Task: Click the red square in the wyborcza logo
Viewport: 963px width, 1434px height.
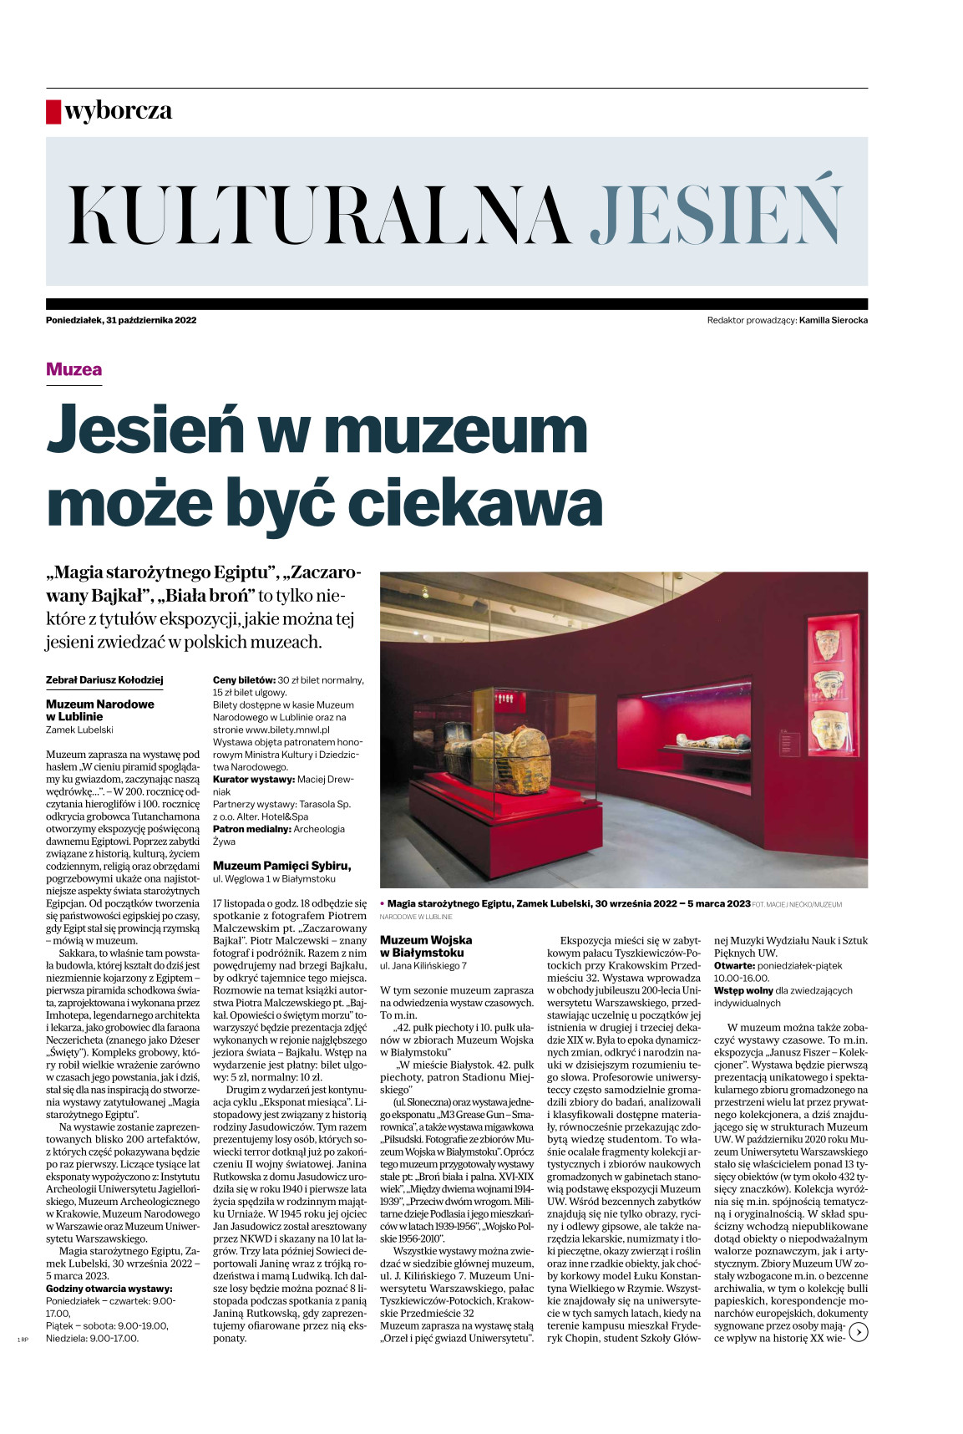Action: [x=53, y=112]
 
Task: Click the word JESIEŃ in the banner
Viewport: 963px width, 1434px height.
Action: [x=716, y=213]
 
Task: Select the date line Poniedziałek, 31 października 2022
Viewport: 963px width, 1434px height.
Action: [x=121, y=320]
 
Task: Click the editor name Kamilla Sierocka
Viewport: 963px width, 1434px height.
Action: [x=833, y=320]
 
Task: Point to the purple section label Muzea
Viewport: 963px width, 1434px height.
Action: [x=73, y=369]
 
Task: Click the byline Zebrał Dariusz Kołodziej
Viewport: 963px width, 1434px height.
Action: [x=104, y=680]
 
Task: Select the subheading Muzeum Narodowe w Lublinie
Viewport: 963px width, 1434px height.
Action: [x=99, y=710]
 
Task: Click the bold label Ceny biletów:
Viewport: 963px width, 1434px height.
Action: [x=244, y=680]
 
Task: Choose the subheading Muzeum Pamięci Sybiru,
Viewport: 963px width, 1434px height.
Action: [x=281, y=866]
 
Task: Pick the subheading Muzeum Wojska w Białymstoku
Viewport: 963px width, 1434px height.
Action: [x=426, y=946]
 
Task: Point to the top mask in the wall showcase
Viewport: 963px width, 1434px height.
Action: [x=827, y=644]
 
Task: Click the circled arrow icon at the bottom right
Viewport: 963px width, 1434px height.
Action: [x=858, y=1332]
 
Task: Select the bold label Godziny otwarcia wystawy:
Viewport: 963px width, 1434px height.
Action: [x=109, y=1289]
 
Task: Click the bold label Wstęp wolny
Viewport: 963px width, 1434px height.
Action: [x=743, y=990]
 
